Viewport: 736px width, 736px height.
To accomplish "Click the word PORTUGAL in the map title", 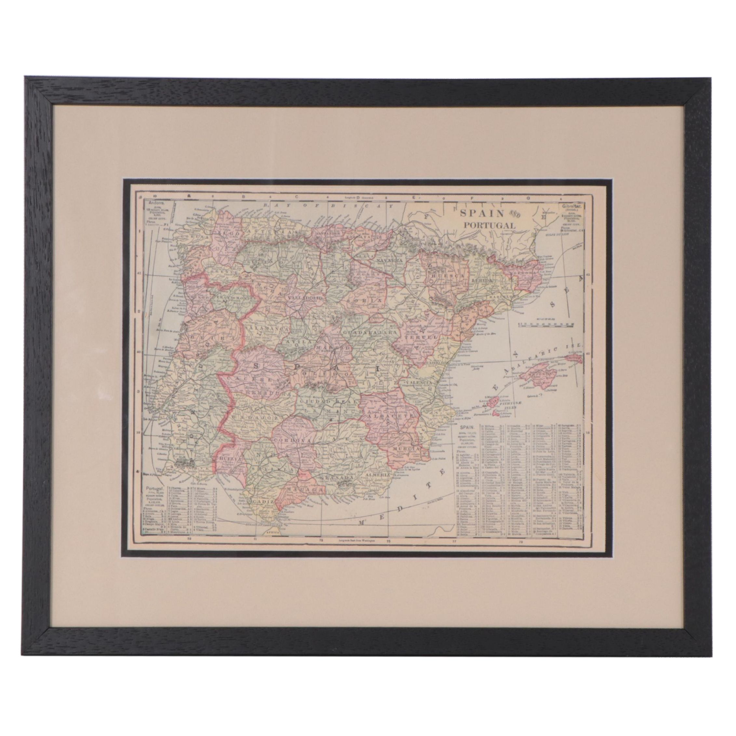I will [x=489, y=225].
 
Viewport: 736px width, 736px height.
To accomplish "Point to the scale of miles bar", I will [x=547, y=324].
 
